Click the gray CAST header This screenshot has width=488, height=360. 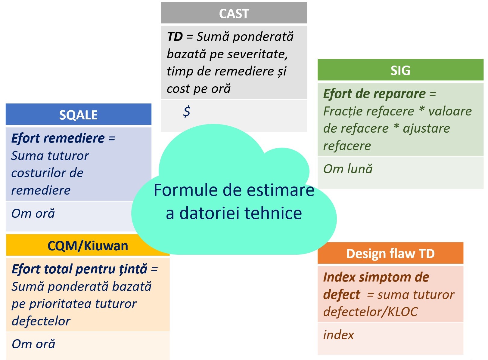pos(234,14)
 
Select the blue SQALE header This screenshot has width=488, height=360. pos(78,115)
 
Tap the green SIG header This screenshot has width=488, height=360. pos(400,70)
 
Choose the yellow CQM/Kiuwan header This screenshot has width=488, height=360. pos(88,246)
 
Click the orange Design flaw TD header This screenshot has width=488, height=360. pos(390,254)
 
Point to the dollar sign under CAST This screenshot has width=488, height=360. pos(187,111)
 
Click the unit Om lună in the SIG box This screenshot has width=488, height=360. pos(348,169)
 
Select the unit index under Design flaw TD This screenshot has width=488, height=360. pos(338,335)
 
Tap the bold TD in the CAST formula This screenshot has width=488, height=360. pos(175,37)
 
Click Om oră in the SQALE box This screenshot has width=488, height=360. pos(33,214)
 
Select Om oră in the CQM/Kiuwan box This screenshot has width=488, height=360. pos(33,344)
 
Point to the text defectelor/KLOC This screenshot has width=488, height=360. pos(370,312)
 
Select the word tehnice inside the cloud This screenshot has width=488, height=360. pos(273,213)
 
